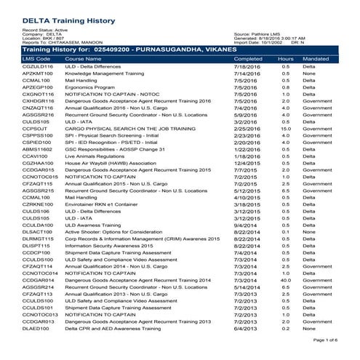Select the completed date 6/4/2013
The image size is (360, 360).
click(x=245, y=328)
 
